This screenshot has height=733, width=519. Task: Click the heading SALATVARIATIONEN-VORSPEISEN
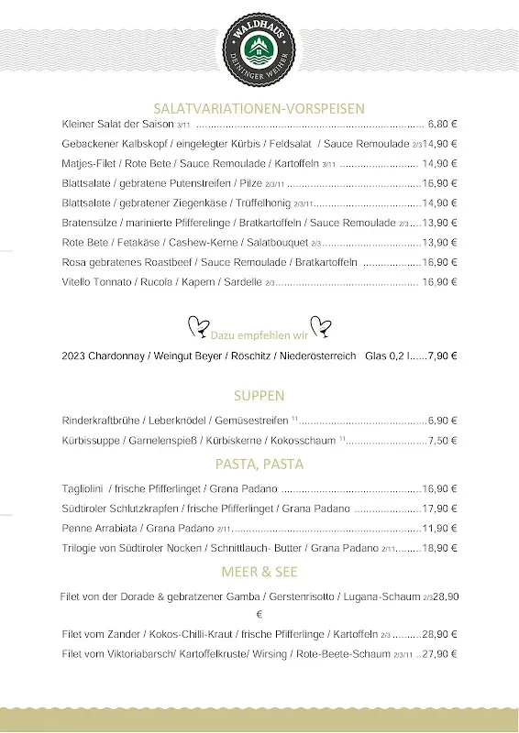pyautogui.click(x=259, y=107)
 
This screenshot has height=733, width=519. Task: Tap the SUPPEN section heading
pyautogui.click(x=259, y=396)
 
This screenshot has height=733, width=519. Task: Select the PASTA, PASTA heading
pyautogui.click(x=259, y=465)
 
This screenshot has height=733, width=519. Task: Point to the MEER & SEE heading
pyautogui.click(x=259, y=573)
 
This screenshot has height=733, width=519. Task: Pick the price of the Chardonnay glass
pyautogui.click(x=443, y=356)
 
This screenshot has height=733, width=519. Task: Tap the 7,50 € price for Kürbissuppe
pyautogui.click(x=443, y=441)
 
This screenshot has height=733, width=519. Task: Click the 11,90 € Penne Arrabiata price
pyautogui.click(x=440, y=529)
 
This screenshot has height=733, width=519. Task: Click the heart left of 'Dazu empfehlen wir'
pyautogui.click(x=196, y=325)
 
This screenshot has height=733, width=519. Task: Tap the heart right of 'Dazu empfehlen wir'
pyautogui.click(x=321, y=325)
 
